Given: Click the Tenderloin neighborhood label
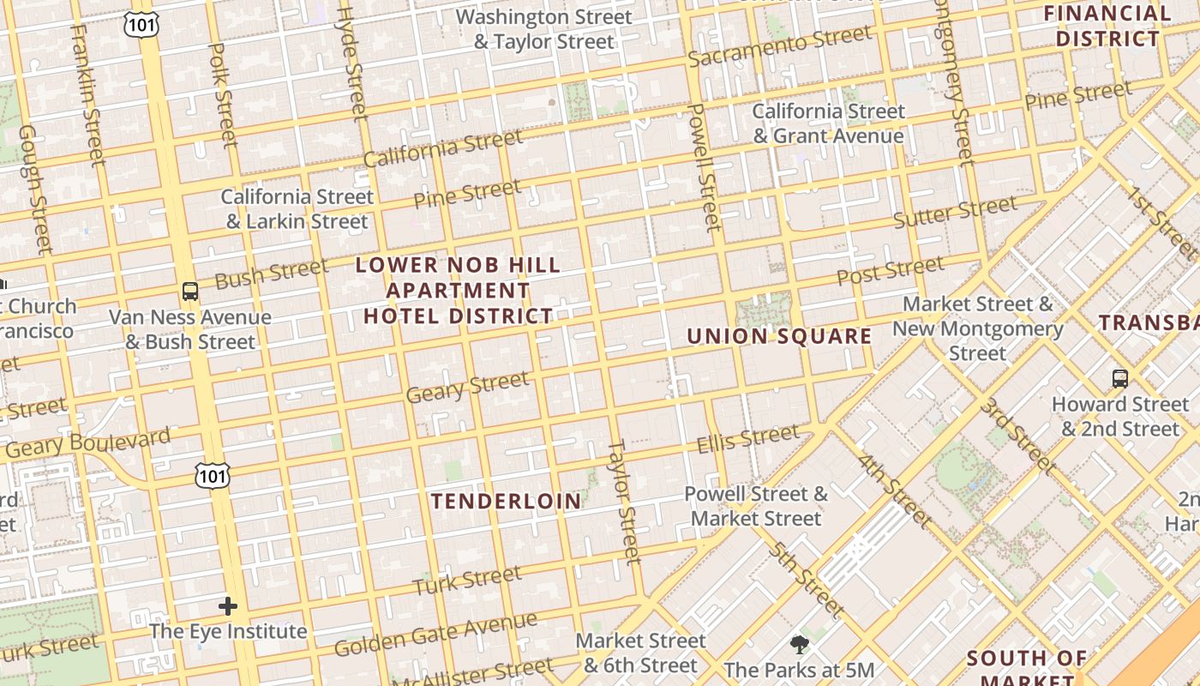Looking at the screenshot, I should tap(506, 502).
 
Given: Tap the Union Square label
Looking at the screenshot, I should tap(779, 336).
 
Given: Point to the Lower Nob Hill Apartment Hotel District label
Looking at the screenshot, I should tap(458, 291).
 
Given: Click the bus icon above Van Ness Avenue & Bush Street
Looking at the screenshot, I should tap(190, 292).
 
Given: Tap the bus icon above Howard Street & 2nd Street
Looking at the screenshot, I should tap(1119, 378).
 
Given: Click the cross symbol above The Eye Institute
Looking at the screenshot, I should tap(228, 606).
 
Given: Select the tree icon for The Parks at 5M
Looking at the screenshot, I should tap(799, 644).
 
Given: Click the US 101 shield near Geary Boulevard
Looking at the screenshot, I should tap(212, 475).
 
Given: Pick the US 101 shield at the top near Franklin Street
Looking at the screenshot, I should tap(141, 24).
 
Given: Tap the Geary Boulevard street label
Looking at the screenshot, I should tap(88, 443).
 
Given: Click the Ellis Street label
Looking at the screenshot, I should tap(747, 439).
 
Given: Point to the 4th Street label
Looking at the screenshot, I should tap(894, 490).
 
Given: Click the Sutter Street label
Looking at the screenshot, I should tap(955, 212).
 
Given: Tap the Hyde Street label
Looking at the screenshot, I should tap(352, 60).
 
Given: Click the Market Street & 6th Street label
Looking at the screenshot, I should tap(640, 653).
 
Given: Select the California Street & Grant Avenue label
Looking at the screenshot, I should tap(828, 123).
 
